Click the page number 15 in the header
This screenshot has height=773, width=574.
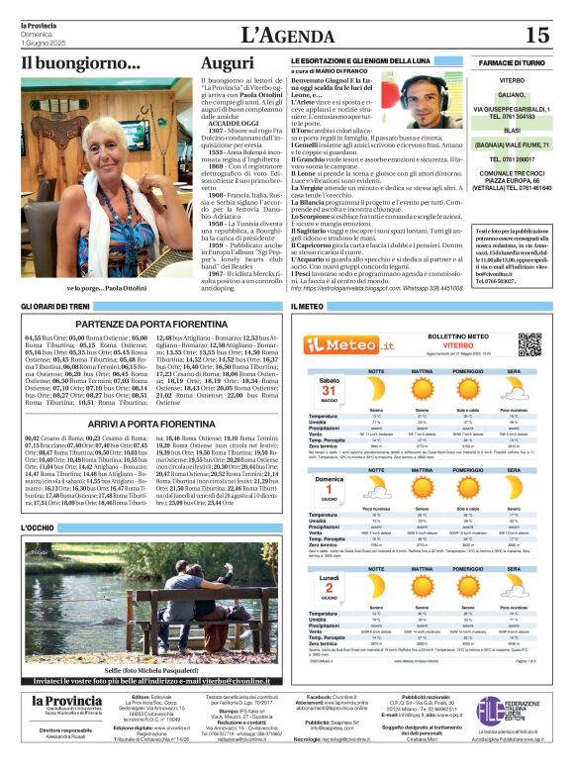pos(536,35)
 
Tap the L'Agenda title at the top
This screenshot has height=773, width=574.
pos(287,35)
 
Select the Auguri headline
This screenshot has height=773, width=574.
pos(227,64)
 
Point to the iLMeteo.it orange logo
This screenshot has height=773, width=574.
pos(341,343)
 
